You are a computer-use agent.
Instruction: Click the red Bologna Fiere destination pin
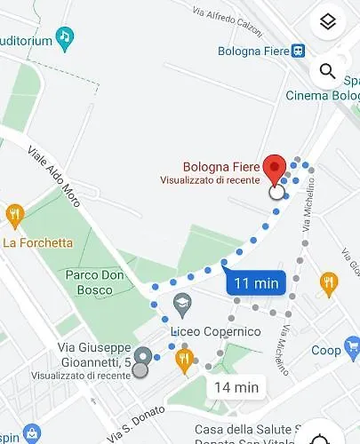[276, 169]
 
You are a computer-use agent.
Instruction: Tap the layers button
[327, 23]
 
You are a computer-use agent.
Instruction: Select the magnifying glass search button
[327, 72]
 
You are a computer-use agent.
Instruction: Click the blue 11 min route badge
[256, 284]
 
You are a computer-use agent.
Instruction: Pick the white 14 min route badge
[236, 387]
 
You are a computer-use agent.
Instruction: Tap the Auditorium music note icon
[64, 37]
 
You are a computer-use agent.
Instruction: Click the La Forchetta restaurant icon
[14, 214]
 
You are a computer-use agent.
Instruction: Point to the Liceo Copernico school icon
[182, 304]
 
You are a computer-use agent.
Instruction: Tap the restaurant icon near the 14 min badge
[184, 359]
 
